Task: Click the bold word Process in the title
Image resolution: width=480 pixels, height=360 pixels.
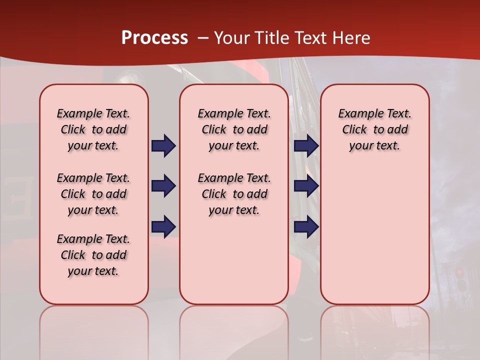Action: click(x=154, y=38)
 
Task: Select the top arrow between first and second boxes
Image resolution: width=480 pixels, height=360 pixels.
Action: click(x=163, y=146)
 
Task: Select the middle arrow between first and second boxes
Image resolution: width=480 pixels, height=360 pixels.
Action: click(x=163, y=186)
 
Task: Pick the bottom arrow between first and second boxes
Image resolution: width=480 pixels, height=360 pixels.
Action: click(x=163, y=226)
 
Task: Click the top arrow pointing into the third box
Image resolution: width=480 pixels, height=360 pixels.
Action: click(x=306, y=146)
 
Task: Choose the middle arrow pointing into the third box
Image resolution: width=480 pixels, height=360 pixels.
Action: click(x=306, y=186)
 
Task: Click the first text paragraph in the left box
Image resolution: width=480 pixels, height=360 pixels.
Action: click(x=93, y=129)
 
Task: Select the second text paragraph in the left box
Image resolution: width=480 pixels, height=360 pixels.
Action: click(x=93, y=194)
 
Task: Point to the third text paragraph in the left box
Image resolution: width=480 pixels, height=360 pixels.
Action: click(x=93, y=255)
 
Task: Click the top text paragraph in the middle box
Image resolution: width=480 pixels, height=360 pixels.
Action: click(x=234, y=129)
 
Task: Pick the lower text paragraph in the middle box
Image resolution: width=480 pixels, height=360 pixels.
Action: click(x=234, y=194)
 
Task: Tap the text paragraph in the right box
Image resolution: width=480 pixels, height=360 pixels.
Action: click(x=374, y=129)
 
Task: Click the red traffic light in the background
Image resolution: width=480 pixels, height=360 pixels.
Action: click(x=459, y=273)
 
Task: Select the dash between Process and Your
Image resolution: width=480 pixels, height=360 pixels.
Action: click(x=203, y=38)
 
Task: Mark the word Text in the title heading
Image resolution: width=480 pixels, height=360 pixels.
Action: click(x=310, y=38)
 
